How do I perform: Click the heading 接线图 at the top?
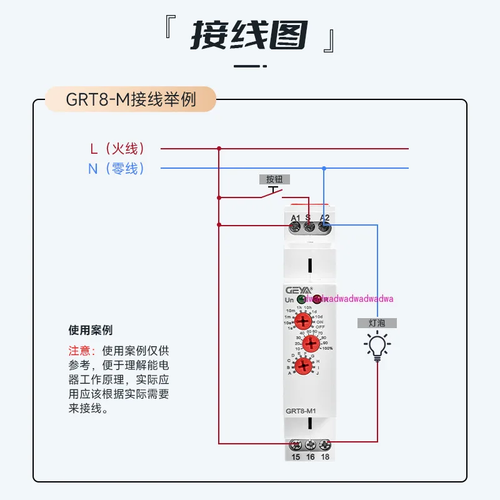click(249, 36)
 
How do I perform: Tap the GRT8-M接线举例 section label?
click(131, 100)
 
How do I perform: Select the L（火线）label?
click(118, 149)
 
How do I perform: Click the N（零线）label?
click(117, 168)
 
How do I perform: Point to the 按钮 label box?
click(274, 179)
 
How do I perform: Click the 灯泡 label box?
click(377, 323)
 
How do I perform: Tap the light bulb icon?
click(377, 347)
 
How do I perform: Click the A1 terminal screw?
click(296, 227)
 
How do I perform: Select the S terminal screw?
click(309, 227)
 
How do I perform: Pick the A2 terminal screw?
click(324, 227)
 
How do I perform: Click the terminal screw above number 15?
click(296, 446)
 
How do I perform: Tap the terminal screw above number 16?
click(310, 446)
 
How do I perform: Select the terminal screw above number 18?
click(324, 446)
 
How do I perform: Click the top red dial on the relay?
click(303, 321)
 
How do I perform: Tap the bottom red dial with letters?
click(303, 366)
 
